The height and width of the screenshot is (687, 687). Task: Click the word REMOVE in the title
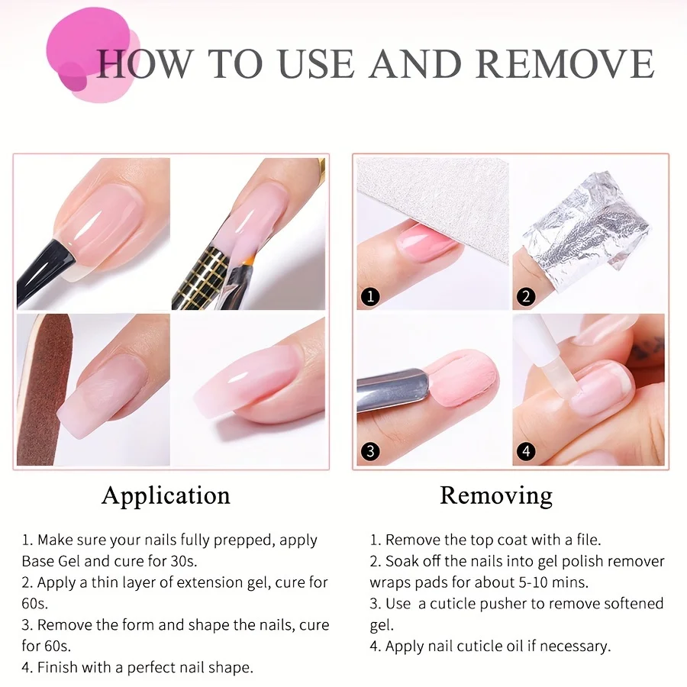(565, 64)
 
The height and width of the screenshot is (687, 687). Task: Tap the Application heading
(166, 496)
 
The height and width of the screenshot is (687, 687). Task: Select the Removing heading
(496, 496)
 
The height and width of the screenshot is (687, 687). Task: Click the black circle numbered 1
(370, 297)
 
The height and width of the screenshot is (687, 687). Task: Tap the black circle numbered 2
(526, 297)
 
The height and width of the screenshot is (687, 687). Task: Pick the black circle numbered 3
(370, 451)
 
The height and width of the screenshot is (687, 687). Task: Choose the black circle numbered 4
(526, 451)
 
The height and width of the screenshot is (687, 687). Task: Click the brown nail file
(42, 390)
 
